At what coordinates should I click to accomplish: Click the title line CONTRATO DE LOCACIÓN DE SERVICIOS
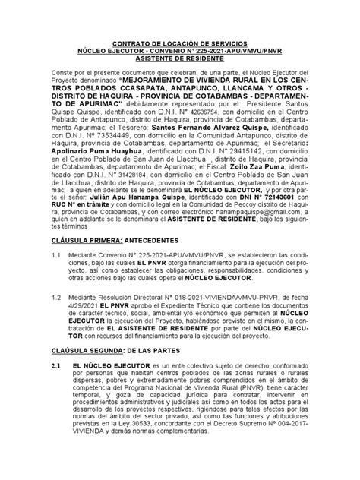180,45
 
